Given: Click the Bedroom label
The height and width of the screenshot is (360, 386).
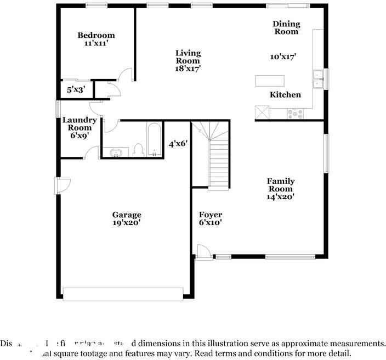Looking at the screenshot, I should [x=96, y=36].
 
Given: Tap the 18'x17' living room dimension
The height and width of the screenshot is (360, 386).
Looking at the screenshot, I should [x=188, y=69].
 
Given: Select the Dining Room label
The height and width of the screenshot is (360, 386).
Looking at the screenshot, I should [x=287, y=27].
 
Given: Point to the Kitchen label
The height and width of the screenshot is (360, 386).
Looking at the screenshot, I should [x=285, y=95].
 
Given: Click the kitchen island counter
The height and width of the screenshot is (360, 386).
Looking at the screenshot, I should [x=270, y=81].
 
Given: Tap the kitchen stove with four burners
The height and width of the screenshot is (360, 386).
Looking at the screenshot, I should [x=296, y=114].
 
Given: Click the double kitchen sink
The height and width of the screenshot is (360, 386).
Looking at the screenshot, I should [x=317, y=79].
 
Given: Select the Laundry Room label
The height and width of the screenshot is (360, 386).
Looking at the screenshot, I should [x=80, y=124].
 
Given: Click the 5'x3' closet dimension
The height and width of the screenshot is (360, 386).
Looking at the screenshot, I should [x=76, y=89].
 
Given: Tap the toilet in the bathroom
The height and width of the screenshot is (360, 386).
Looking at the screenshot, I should [x=138, y=150].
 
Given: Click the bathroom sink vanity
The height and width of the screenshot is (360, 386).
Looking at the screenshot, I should [x=116, y=152].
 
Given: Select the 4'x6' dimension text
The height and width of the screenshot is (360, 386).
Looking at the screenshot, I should [x=178, y=144].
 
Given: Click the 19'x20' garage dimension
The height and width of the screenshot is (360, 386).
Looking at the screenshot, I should [x=127, y=223].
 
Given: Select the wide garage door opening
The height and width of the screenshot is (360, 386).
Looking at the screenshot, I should [x=123, y=294].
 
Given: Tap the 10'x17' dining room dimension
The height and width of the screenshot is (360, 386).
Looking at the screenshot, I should [x=283, y=57].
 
